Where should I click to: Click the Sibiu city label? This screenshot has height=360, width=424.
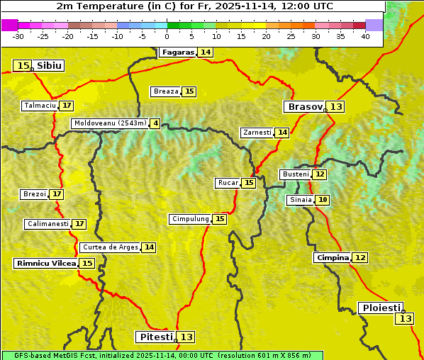point(50,66)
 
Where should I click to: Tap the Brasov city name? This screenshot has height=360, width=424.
point(304,107)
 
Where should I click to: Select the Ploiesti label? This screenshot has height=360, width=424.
point(381,308)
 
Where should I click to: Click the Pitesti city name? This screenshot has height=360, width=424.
point(155,337)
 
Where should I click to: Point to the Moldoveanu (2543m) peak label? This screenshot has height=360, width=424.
point(110,123)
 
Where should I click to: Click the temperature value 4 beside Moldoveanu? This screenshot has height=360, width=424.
point(155,123)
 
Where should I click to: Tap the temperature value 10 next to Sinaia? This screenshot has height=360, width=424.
point(323,201)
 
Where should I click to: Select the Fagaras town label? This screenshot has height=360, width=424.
point(177,52)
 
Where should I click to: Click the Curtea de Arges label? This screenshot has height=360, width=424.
point(109,247)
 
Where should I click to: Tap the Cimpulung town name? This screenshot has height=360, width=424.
point(190,219)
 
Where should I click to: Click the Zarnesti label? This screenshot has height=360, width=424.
point(257,133)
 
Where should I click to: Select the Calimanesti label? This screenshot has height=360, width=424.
point(48,224)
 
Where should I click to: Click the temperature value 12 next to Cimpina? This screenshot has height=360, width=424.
point(360,258)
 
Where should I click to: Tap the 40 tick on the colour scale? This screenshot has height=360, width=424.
point(365,36)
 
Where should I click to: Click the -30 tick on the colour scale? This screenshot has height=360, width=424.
point(18,36)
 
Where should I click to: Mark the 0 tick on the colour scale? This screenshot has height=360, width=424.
point(167,36)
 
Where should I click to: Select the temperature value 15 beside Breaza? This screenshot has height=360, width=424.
point(189,91)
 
